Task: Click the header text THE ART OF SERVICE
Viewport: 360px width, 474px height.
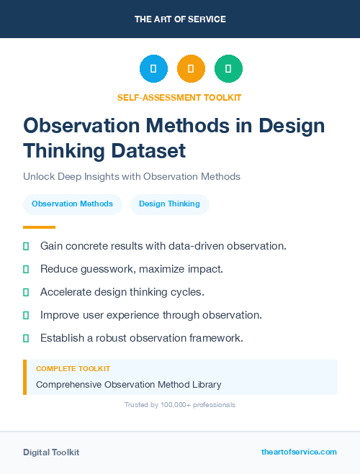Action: click(x=180, y=19)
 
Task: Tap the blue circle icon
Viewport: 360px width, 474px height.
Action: click(x=153, y=69)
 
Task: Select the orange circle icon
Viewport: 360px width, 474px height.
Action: click(x=191, y=69)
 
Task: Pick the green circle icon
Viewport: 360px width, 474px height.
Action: click(x=228, y=69)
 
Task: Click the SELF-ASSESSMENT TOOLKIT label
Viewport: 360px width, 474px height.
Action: click(x=179, y=97)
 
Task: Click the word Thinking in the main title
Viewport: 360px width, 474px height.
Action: click(x=68, y=151)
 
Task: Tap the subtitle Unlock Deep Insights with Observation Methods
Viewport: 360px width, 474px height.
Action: click(x=132, y=176)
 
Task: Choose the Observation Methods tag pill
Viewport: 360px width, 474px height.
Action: click(x=72, y=204)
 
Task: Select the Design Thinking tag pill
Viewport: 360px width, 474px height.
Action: click(x=169, y=204)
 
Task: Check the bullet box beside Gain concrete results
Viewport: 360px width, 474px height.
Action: click(x=26, y=246)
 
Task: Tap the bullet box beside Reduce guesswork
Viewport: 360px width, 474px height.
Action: click(x=26, y=269)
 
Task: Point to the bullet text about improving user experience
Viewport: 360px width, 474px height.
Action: click(x=150, y=315)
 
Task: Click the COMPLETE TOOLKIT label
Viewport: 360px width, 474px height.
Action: click(x=73, y=368)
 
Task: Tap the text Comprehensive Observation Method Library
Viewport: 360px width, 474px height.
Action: click(x=129, y=384)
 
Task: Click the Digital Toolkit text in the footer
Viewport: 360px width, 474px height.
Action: click(x=51, y=452)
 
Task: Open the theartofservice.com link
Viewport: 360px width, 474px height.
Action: click(x=299, y=452)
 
